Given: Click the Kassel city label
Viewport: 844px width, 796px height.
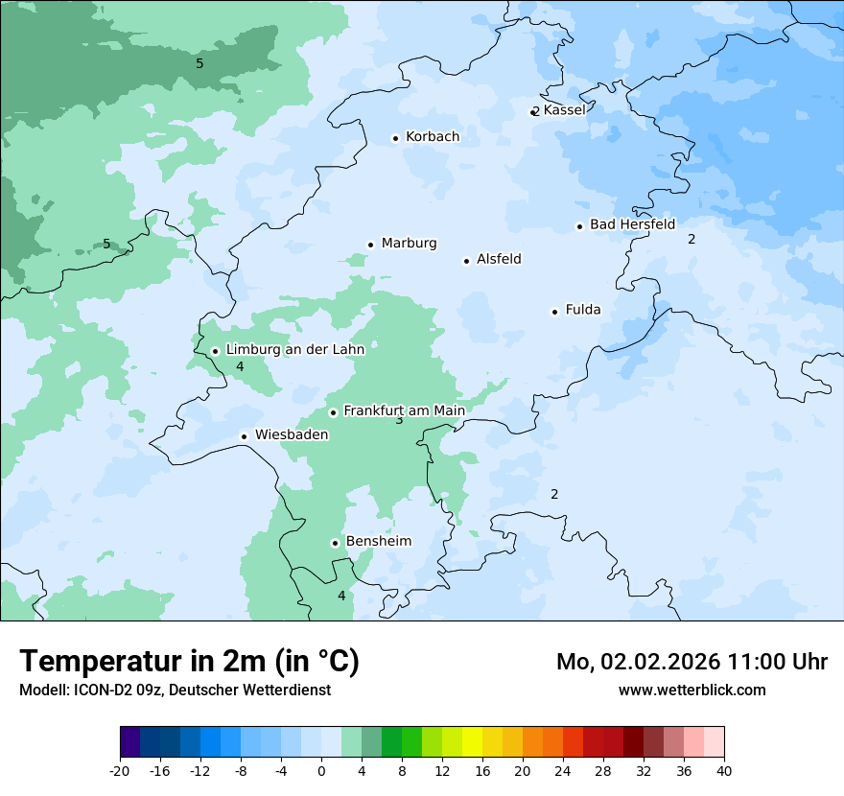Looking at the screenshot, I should click(x=564, y=110).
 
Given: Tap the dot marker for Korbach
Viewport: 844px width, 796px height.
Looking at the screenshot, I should click(x=395, y=138).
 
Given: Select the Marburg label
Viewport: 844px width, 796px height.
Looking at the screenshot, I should click(x=409, y=244).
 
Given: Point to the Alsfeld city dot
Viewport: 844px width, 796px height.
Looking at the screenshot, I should click(x=467, y=261).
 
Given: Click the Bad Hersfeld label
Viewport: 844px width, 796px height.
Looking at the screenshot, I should click(x=632, y=224).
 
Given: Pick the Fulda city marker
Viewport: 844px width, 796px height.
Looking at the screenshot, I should click(x=554, y=312).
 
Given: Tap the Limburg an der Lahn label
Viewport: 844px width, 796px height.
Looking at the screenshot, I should click(x=294, y=350).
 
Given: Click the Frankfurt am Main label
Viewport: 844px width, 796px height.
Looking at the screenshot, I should click(x=404, y=410).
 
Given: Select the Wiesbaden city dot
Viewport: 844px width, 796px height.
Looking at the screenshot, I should click(x=245, y=436).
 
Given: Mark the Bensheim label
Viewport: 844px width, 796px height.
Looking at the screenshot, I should click(x=378, y=542).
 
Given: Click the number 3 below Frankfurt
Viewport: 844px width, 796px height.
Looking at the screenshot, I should click(x=399, y=420).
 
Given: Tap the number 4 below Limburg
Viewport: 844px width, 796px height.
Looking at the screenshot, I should click(x=240, y=366).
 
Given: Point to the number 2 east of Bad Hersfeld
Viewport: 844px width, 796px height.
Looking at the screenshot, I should click(x=692, y=239).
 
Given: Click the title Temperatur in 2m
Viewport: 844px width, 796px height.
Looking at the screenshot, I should click(x=189, y=662).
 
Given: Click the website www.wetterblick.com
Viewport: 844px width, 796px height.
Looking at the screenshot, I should click(x=692, y=690).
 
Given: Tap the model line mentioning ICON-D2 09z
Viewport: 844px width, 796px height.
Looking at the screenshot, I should click(x=175, y=690).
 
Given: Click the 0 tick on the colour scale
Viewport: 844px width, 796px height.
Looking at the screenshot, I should click(x=321, y=771).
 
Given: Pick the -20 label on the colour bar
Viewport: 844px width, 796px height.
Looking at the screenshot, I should click(x=120, y=771).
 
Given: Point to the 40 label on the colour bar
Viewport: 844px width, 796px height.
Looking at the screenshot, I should click(x=724, y=771).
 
